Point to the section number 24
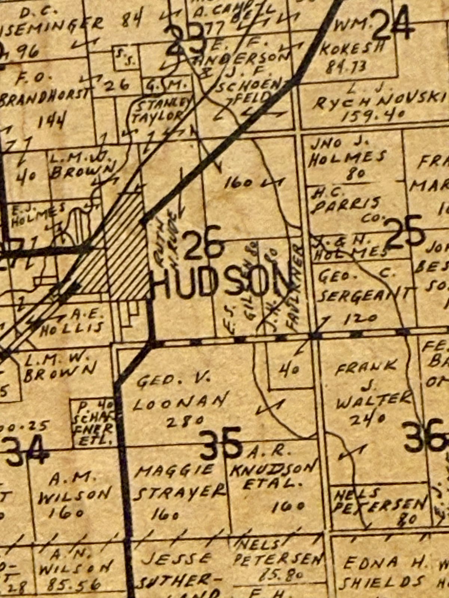point(393,24)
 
